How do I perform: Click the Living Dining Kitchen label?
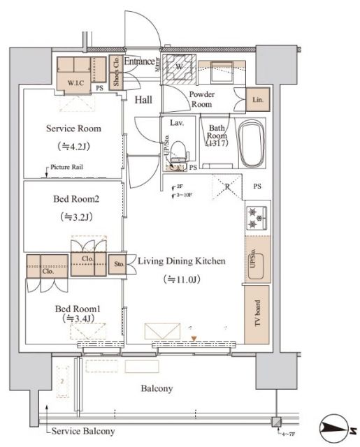click(180, 262)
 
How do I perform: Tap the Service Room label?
click(73, 129)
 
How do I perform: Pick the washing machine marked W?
click(180, 67)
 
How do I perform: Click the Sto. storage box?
click(118, 265)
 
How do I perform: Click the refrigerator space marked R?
click(228, 186)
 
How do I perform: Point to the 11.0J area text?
click(180, 279)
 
